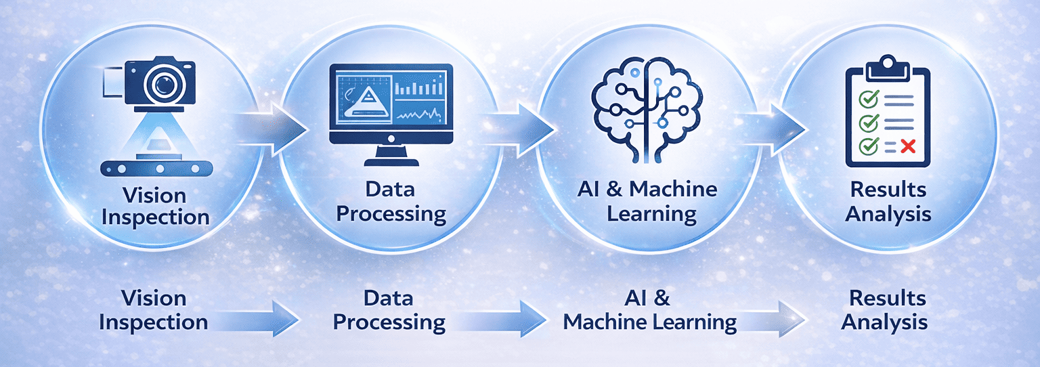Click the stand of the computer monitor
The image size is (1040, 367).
pyautogui.click(x=391, y=155)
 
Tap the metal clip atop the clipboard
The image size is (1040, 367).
pyautogui.click(x=888, y=66)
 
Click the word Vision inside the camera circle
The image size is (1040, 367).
pyautogui.click(x=154, y=196)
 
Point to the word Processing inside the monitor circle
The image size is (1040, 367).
pyautogui.click(x=391, y=214)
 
